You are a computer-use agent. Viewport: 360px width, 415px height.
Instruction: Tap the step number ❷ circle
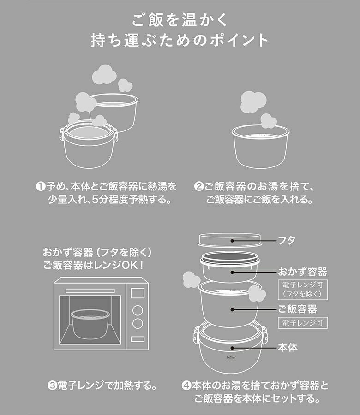198,186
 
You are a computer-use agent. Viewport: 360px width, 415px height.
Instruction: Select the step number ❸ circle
52,385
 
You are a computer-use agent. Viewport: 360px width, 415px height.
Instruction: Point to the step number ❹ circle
186,385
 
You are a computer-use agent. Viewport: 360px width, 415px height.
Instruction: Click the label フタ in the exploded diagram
286,241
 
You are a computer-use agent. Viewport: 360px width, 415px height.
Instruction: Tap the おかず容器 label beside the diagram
302,272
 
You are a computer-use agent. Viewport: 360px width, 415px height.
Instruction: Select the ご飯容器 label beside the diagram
298,309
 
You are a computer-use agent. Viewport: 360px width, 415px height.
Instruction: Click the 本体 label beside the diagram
288,348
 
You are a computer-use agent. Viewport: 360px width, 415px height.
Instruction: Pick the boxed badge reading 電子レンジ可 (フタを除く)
303,290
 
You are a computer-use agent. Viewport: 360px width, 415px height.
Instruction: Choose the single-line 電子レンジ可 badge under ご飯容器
303,323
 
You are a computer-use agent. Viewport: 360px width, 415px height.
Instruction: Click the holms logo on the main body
231,357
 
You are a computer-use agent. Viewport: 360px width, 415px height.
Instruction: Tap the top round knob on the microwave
138,310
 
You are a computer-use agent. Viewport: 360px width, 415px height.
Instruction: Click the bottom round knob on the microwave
138,323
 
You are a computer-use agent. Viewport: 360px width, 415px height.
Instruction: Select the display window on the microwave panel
138,293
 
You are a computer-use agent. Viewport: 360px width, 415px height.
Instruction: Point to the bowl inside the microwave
90,324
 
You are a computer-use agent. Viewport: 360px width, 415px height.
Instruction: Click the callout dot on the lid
232,241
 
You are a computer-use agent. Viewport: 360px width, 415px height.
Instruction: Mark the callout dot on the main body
232,348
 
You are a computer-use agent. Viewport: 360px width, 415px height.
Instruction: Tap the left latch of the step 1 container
62,134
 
